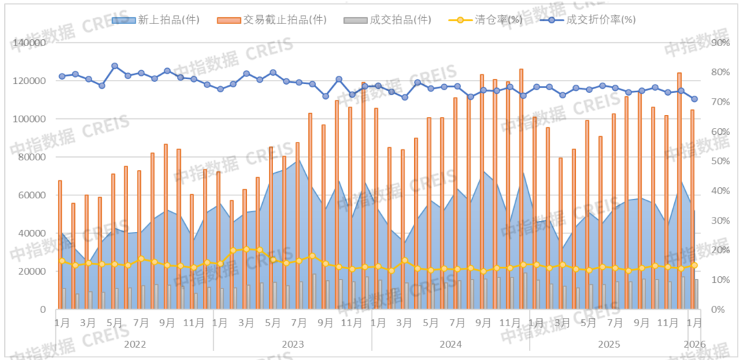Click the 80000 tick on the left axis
click(32, 157)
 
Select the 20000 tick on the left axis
click(32, 271)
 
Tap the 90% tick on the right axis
click(720, 43)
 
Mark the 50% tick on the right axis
click(720, 161)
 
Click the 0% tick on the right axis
click(718, 309)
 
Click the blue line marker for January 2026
click(694, 99)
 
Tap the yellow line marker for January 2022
click(62, 261)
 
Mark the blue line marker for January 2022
click(62, 76)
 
